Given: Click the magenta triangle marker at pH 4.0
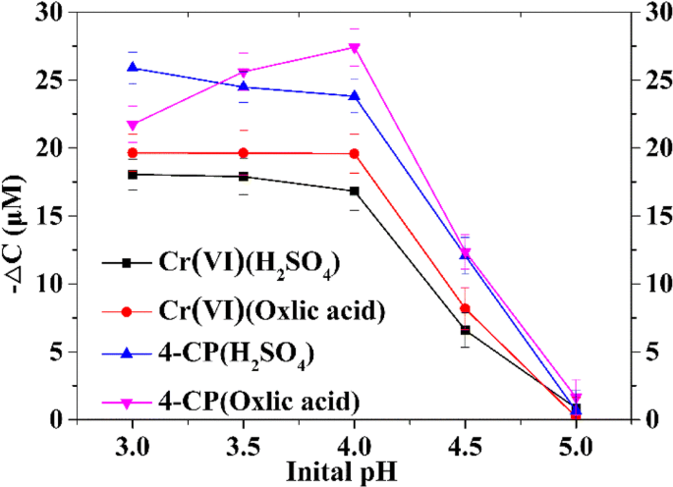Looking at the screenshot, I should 354,48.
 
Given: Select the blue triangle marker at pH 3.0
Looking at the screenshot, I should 133,68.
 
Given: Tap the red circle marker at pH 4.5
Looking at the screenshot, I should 466,308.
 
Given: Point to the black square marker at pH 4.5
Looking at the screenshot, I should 466,330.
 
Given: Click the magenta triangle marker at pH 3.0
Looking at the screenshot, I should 133,126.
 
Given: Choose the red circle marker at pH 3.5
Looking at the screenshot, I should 244,153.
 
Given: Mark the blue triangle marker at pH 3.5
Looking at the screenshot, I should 244,86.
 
